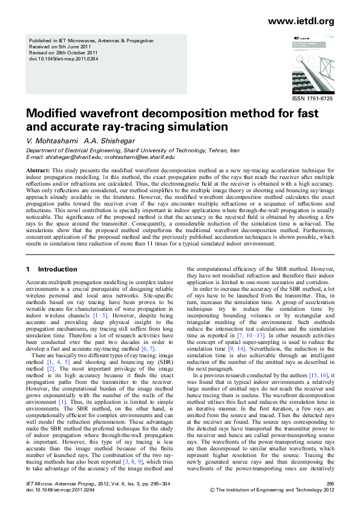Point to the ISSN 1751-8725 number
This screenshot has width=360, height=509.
coord(312,99)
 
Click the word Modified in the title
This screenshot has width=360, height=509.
coord(51,115)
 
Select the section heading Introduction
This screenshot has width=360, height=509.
coord(57,269)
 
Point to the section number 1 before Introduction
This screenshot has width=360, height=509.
coord(28,269)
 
